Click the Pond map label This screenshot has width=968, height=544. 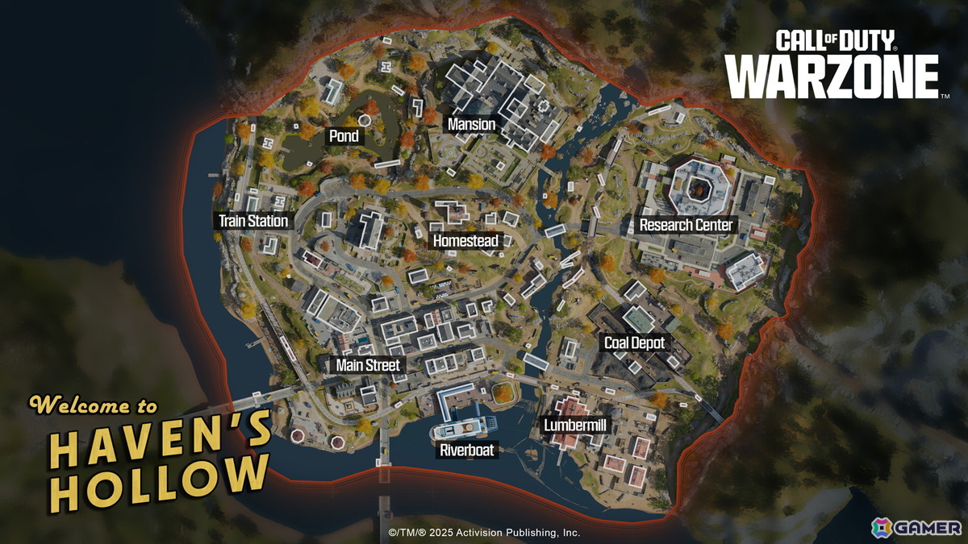[x=344, y=136]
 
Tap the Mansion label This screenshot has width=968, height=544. [x=471, y=124]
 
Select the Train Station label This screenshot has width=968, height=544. [x=253, y=221]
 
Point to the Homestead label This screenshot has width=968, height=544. [x=467, y=241]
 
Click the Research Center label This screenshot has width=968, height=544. [x=686, y=225]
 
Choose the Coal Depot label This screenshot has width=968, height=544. [x=635, y=343]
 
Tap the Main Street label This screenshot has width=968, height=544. [x=368, y=365]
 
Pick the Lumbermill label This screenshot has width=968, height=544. [x=575, y=425]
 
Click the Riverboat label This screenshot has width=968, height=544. [x=467, y=451]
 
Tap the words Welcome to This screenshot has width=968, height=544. [x=94, y=405]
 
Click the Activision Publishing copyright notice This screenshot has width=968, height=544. [x=484, y=533]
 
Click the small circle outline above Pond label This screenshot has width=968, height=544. [x=364, y=119]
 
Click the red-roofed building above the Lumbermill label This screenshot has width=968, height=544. [x=574, y=408]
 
